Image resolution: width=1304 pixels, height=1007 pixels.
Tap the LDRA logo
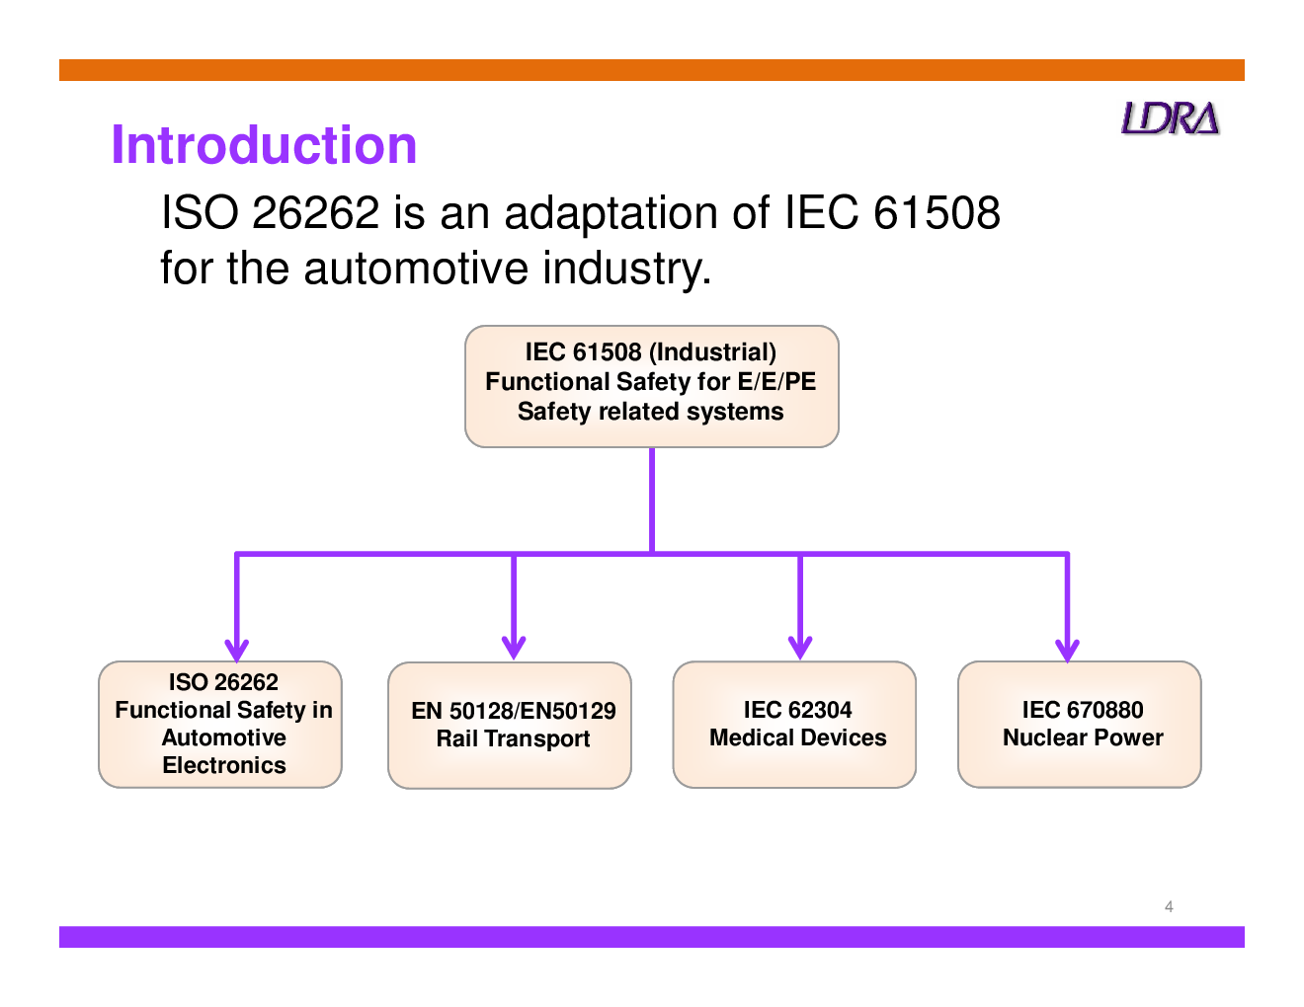pyautogui.click(x=1170, y=118)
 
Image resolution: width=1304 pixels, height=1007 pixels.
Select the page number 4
pyautogui.click(x=1169, y=906)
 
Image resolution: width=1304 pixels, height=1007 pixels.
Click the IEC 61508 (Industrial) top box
pyautogui.click(x=651, y=386)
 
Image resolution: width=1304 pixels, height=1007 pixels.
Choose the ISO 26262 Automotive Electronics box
pyautogui.click(x=220, y=724)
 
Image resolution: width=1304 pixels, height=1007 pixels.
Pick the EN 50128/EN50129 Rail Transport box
pyautogui.click(x=510, y=725)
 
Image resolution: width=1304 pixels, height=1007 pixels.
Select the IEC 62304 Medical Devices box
pyautogui.click(x=794, y=724)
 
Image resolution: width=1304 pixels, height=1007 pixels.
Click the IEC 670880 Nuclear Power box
pyautogui.click(x=1080, y=724)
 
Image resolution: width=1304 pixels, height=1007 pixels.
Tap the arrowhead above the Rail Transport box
pyautogui.click(x=514, y=648)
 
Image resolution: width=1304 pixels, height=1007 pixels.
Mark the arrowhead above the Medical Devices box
pyautogui.click(x=800, y=648)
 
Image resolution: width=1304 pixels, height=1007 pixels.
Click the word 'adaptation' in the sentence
pyautogui.click(x=611, y=214)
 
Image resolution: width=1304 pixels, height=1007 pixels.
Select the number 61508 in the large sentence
pyautogui.click(x=937, y=212)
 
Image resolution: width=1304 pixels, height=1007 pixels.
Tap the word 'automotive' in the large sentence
pyautogui.click(x=416, y=269)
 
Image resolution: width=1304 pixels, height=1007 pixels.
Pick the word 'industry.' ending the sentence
pyautogui.click(x=627, y=270)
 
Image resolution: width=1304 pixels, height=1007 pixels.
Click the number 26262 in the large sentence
pyautogui.click(x=316, y=212)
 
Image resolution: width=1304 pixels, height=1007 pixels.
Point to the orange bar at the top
pyautogui.click(x=652, y=70)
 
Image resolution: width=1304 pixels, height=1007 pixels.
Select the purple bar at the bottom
pyautogui.click(x=652, y=937)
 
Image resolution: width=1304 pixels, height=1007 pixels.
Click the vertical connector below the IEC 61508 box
pyautogui.click(x=652, y=501)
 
